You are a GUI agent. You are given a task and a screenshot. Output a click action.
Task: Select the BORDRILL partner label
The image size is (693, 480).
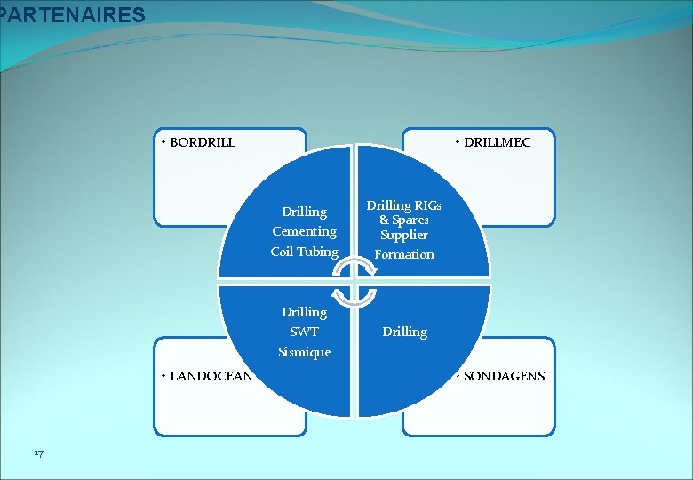click(203, 142)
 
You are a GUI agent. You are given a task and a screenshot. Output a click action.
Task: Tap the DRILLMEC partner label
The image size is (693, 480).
click(498, 142)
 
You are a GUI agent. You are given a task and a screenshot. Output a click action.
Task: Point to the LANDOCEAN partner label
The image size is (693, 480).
click(211, 376)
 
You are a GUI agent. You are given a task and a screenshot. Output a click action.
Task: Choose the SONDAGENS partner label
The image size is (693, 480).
click(504, 376)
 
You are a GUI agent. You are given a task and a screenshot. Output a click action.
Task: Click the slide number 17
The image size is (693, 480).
click(38, 454)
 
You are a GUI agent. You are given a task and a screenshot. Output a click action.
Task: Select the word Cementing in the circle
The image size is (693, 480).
click(304, 231)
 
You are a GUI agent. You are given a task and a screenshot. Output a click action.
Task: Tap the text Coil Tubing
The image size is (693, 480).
click(304, 252)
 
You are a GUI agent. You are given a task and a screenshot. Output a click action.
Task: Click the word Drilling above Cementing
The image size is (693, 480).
click(304, 212)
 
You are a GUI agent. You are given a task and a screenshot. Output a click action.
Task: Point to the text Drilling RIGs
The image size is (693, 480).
click(404, 205)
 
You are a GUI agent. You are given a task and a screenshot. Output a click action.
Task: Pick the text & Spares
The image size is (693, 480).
click(404, 220)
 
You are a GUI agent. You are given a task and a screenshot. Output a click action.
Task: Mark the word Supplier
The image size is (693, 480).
click(404, 235)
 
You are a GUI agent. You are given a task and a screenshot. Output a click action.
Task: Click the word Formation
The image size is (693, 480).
click(404, 254)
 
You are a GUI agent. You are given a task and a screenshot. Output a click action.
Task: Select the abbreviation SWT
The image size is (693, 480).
click(304, 332)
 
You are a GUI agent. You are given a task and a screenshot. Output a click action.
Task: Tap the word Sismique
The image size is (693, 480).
click(304, 352)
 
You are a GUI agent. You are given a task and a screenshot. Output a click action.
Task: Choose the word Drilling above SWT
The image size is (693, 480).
click(304, 312)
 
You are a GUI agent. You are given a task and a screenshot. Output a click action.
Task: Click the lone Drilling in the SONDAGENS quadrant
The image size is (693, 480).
click(404, 332)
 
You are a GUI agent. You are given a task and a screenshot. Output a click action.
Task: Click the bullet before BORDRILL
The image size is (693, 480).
click(163, 142)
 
